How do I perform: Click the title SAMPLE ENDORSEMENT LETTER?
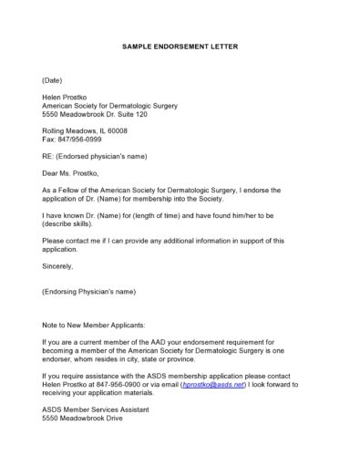180,46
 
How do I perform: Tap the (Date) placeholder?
52,80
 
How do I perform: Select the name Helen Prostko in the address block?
66,96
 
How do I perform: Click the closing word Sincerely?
57,266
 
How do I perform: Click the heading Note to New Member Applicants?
93,325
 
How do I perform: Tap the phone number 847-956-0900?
129,385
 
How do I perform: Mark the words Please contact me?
72,241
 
